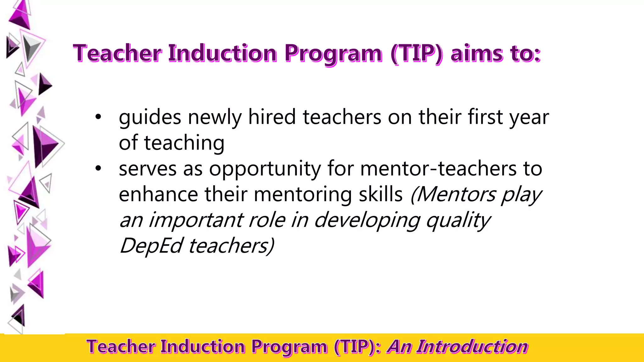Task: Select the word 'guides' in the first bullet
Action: pos(150,118)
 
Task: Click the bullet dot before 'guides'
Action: pos(98,117)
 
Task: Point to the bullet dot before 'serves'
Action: pos(98,168)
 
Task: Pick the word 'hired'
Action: pos(272,117)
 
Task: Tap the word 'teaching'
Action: pos(184,143)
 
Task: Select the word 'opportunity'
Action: pos(265,169)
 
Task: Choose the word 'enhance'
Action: pos(158,194)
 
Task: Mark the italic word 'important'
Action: pos(196,220)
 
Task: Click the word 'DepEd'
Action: pos(151,246)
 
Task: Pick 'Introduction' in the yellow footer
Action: pos(472,347)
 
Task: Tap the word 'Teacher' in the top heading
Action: pos(117,53)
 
